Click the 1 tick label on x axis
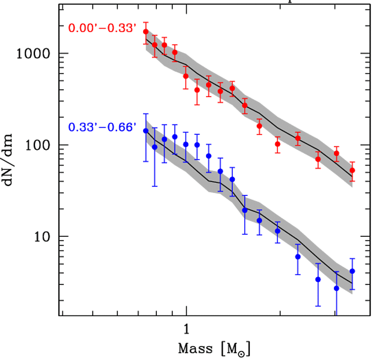186,330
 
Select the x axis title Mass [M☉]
214,349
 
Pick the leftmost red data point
146,32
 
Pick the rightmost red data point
352,170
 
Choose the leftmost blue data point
146,131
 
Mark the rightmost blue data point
352,271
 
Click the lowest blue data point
337,288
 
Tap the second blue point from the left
155,147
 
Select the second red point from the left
155,45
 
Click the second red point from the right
337,154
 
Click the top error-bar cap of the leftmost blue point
146,114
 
